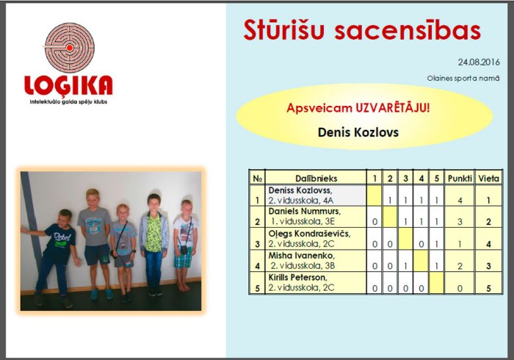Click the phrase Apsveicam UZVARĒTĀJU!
tap(358, 108)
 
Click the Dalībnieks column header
tap(316, 178)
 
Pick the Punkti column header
tap(460, 178)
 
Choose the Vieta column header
tap(488, 178)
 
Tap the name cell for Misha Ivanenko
tap(316, 260)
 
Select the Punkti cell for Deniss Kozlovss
tap(460, 199)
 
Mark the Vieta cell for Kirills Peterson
tap(488, 288)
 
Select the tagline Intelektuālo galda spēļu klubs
tap(68, 101)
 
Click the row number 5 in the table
tap(257, 288)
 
